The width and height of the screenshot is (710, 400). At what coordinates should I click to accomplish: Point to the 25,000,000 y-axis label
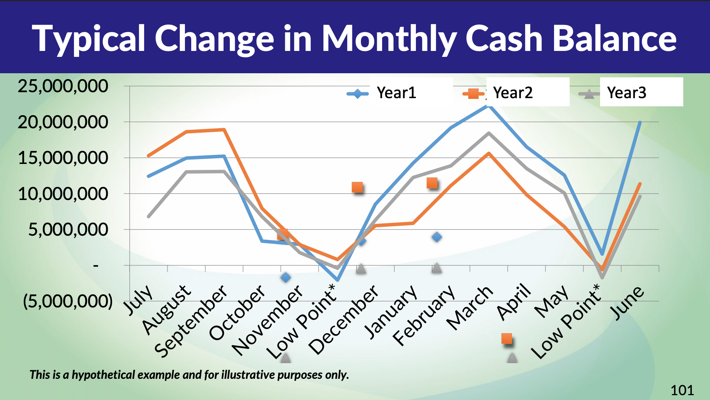(x=63, y=86)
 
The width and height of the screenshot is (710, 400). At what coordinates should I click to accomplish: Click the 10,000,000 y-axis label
(x=63, y=194)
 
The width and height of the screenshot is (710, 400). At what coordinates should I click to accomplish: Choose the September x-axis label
(x=190, y=320)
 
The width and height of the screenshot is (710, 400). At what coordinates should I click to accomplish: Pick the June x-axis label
(x=628, y=303)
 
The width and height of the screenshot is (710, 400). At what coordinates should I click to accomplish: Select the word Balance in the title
(x=615, y=39)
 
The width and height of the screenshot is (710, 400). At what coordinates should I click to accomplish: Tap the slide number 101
(x=682, y=390)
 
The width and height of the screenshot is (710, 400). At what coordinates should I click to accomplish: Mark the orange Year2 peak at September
(x=224, y=130)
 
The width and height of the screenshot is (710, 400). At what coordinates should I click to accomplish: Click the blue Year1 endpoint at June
(x=639, y=122)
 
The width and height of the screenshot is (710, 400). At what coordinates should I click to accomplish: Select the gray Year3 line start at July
(x=149, y=216)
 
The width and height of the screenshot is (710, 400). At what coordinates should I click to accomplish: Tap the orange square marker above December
(x=357, y=187)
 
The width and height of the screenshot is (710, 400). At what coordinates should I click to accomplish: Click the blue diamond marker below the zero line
(x=286, y=277)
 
